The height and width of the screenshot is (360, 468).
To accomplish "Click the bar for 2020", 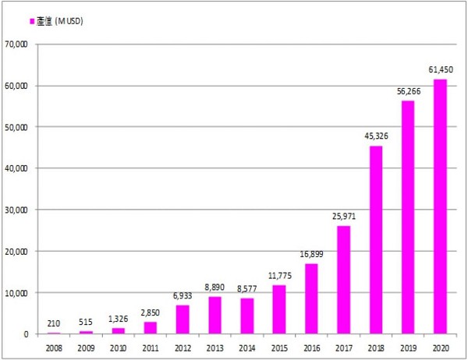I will (x=440, y=206).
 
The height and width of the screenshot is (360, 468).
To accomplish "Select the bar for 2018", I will (x=375, y=240).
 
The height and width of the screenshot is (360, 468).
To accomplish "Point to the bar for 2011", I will (x=151, y=327).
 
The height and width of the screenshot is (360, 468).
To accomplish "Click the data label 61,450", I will (x=440, y=69).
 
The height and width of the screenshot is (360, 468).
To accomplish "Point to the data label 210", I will (x=54, y=323).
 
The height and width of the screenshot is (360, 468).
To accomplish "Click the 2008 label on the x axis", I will (x=54, y=347).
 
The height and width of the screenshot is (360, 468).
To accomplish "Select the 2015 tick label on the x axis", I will (x=278, y=347).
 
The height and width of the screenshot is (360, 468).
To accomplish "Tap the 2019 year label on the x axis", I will (x=407, y=347).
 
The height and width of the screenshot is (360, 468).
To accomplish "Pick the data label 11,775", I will (x=278, y=275).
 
